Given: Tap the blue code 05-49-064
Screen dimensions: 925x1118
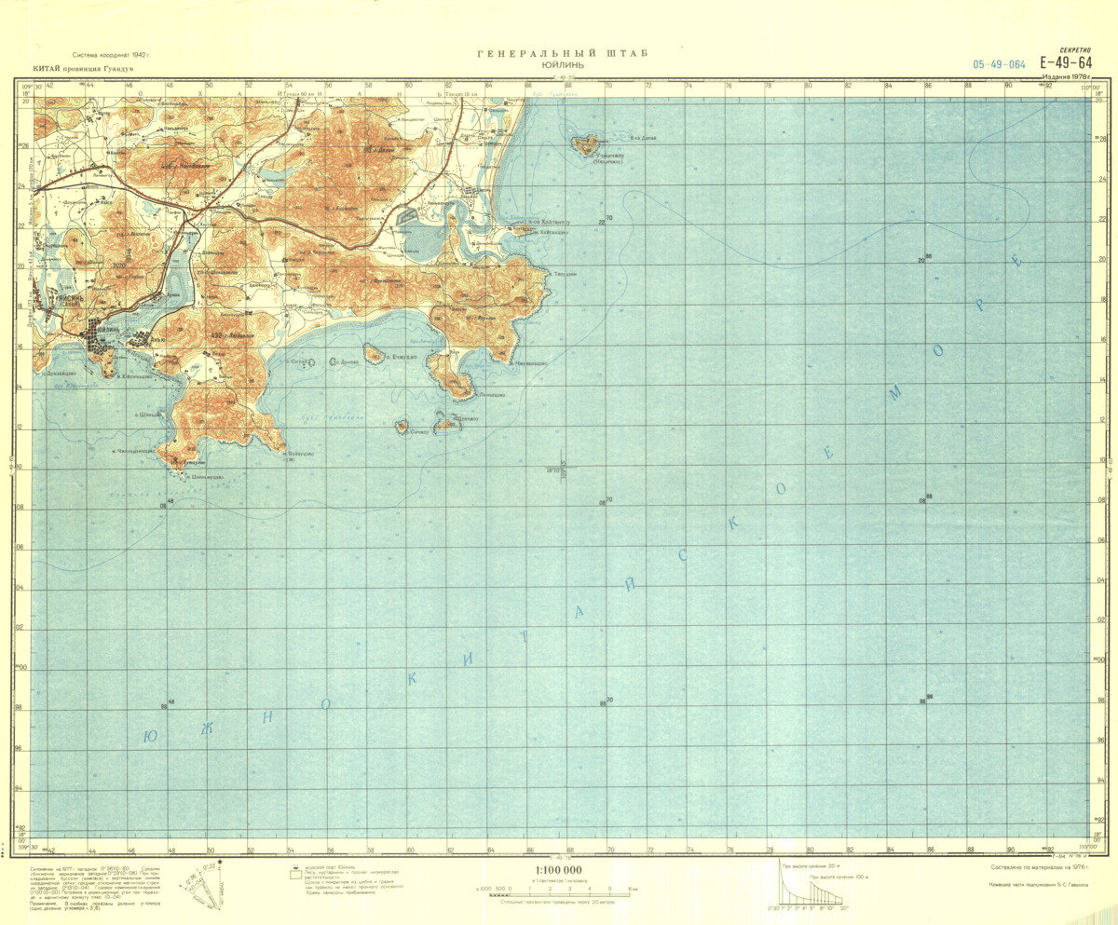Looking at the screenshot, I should click(999, 65).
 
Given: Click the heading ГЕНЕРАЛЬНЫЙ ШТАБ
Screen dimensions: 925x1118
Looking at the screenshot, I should click(562, 54).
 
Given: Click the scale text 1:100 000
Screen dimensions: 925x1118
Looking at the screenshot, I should click(559, 871).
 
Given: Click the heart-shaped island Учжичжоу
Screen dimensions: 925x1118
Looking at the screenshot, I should click(585, 144).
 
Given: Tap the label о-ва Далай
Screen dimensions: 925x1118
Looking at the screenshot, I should click(643, 138).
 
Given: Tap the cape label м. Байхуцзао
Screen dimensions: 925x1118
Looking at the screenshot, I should click(300, 454).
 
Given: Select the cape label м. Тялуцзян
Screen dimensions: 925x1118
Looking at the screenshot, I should click(562, 274).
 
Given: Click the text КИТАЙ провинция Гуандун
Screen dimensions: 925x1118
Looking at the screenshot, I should click(84, 69).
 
